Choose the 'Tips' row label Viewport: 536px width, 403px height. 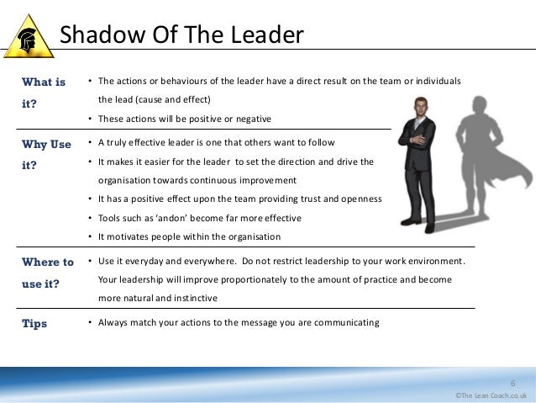pyautogui.click(x=34, y=323)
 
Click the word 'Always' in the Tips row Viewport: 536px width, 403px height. pyautogui.click(x=115, y=322)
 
